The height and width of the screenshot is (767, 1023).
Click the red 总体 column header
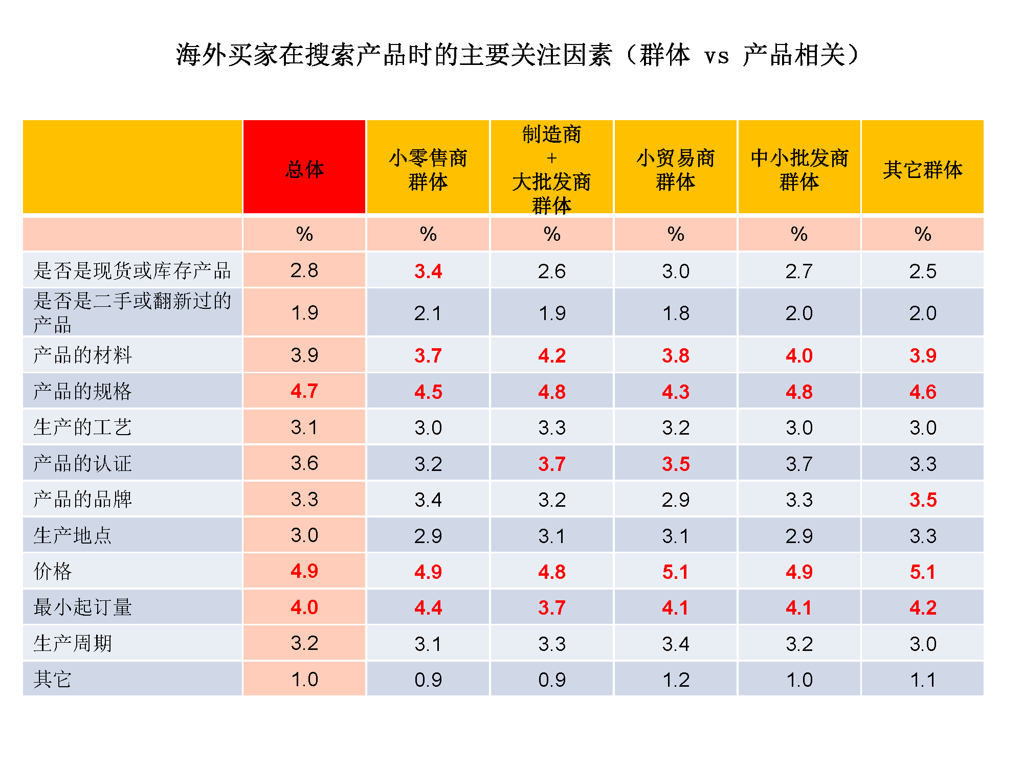coord(304,169)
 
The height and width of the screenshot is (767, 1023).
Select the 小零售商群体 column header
coord(428,169)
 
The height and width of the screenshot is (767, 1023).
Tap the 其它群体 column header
coord(923,169)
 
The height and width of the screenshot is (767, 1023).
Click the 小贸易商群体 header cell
coord(675,169)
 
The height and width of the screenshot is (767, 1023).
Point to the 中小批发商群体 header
coord(799,169)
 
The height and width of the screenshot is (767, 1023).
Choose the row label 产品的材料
coord(82,355)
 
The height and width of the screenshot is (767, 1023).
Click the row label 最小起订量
coord(82,607)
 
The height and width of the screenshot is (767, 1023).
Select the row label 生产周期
coord(73,643)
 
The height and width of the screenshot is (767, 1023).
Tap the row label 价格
coord(53,571)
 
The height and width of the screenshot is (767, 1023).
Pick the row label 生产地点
coord(73,535)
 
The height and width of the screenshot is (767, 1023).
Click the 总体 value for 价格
coord(304,571)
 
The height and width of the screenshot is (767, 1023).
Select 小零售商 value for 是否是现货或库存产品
coord(428,271)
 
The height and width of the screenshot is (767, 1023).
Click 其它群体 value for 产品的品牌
coord(923,500)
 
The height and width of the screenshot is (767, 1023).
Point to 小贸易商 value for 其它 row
coord(675,680)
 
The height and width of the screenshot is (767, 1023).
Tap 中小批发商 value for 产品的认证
coord(799,464)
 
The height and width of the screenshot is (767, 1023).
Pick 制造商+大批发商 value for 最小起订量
coord(552,607)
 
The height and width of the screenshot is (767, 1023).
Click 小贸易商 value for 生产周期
coord(675,643)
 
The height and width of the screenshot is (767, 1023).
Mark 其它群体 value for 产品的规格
coord(923,392)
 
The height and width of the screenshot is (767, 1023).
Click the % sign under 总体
coord(304,234)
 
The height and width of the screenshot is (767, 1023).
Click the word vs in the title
coord(716,56)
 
